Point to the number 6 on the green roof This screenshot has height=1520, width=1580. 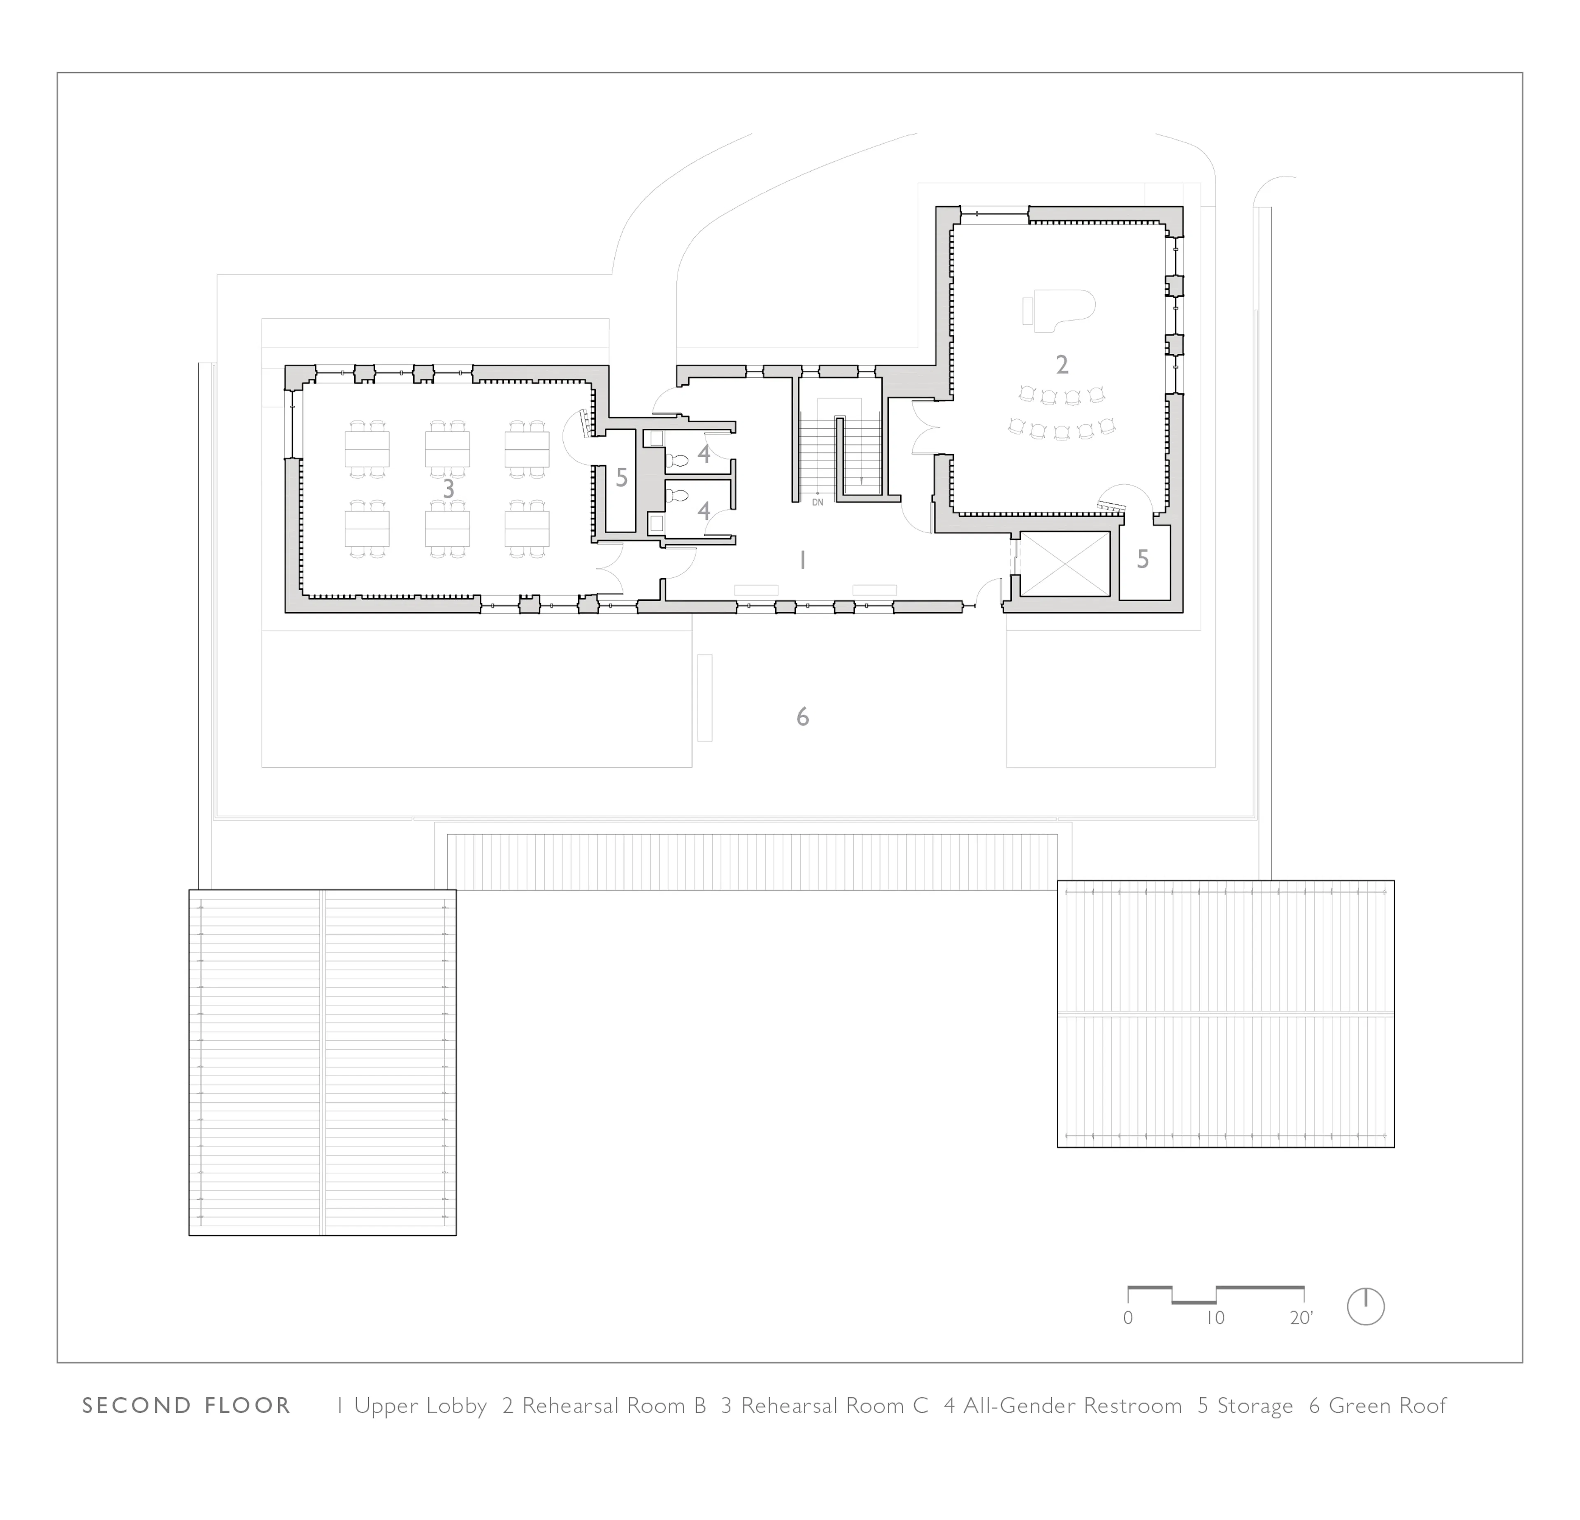tap(802, 717)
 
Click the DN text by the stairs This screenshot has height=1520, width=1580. tap(818, 502)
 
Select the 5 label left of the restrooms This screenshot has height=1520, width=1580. tap(622, 478)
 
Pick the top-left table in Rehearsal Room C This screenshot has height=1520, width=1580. tap(367, 449)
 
